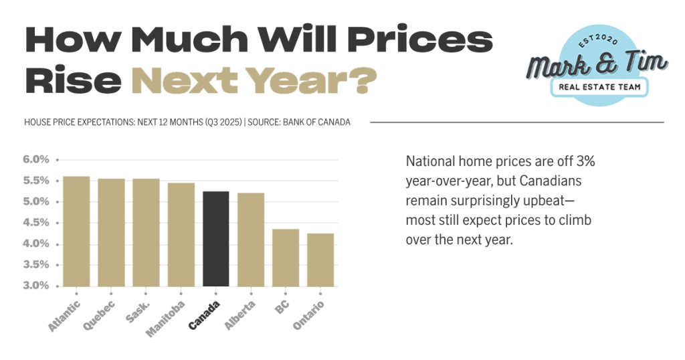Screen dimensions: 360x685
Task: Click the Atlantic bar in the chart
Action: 76,232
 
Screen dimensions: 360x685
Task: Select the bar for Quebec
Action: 111,233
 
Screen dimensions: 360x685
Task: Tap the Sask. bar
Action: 146,233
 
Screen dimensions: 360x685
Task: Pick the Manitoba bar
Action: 181,235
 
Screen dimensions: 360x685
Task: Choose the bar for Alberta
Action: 250,240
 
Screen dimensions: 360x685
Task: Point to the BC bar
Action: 285,258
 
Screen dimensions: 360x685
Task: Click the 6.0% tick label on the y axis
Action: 37,159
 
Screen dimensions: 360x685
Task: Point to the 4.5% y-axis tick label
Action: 37,223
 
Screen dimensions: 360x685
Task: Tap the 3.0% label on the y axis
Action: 37,286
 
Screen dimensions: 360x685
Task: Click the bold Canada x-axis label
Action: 204,315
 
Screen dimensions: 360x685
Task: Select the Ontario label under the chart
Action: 308,315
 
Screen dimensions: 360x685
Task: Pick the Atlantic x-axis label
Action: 64,317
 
